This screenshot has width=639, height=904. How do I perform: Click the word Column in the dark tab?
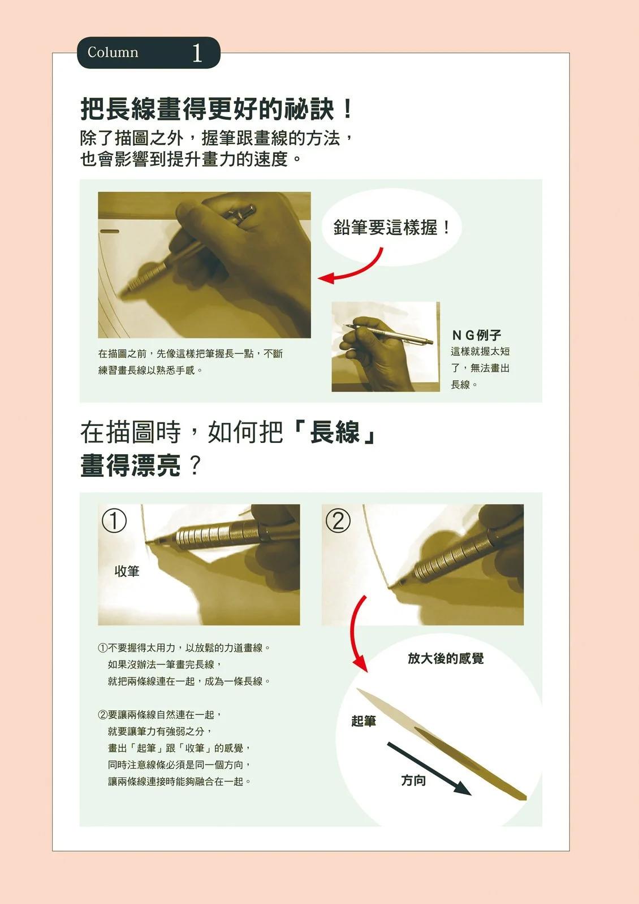(x=113, y=53)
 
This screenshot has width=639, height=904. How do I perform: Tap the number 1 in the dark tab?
(x=197, y=53)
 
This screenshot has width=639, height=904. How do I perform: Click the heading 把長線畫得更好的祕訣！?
(x=217, y=109)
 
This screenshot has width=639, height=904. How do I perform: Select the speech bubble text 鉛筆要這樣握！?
(x=391, y=228)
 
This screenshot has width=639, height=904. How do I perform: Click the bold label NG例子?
(x=477, y=334)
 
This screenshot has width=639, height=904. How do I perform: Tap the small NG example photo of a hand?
(x=386, y=347)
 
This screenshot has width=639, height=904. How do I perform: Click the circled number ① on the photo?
(x=114, y=520)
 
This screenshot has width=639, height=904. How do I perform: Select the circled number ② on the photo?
(x=339, y=520)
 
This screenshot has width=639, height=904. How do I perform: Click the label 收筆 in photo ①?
(x=127, y=571)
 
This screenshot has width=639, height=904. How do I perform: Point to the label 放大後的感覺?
(x=446, y=658)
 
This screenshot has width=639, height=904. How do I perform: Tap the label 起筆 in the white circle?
(x=364, y=721)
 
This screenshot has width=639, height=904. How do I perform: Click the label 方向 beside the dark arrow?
(x=413, y=780)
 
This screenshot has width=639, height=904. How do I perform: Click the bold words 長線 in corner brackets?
(x=335, y=432)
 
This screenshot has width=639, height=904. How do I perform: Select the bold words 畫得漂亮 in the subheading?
(x=131, y=466)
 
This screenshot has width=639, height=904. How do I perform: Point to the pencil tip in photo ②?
(x=390, y=587)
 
